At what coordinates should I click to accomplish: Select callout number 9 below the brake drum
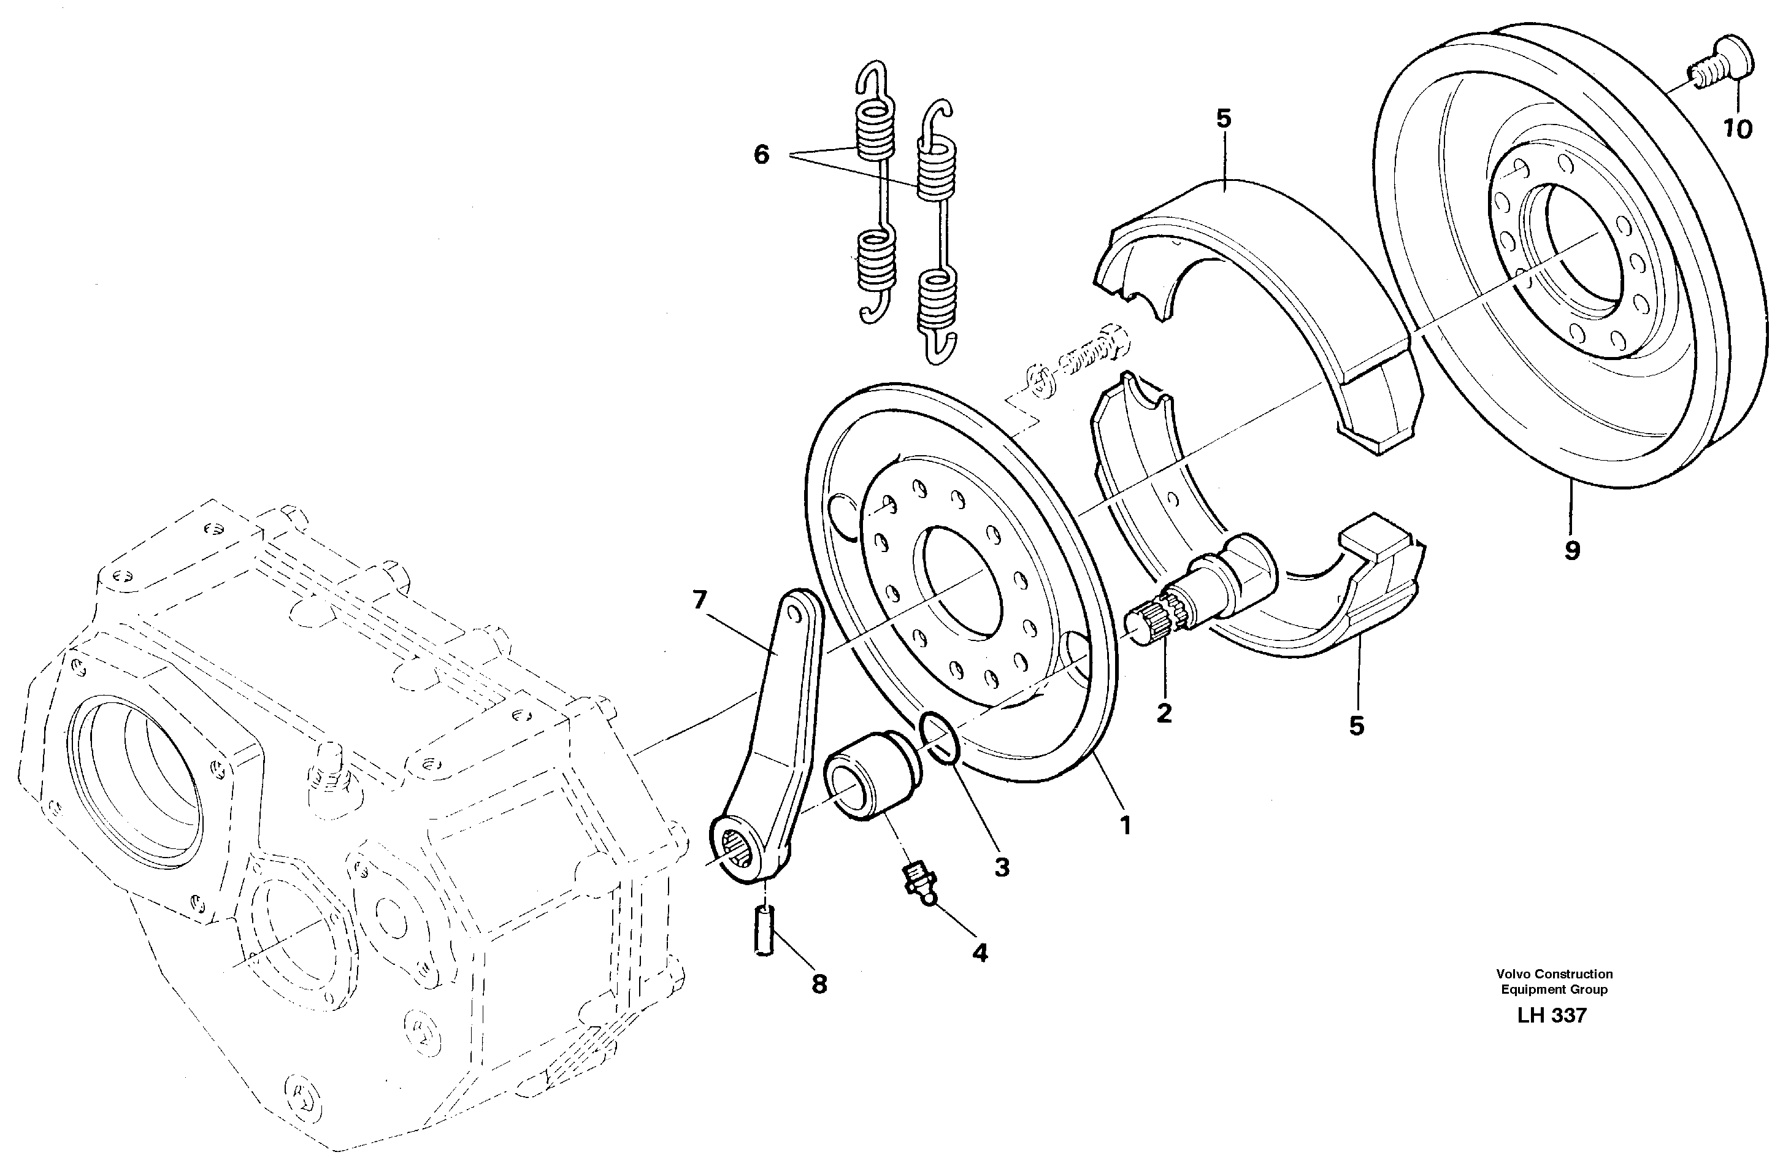pos(1572,551)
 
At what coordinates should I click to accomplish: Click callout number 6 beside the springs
pos(762,156)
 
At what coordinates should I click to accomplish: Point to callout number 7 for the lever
pos(700,600)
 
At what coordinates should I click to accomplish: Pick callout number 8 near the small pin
pos(819,984)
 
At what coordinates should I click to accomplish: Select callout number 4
pos(979,953)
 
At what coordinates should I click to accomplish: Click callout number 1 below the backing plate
pos(1125,826)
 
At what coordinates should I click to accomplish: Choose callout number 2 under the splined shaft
pos(1164,713)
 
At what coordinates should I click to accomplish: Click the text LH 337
pos(1552,1015)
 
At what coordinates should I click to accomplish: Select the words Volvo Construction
pos(1554,974)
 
